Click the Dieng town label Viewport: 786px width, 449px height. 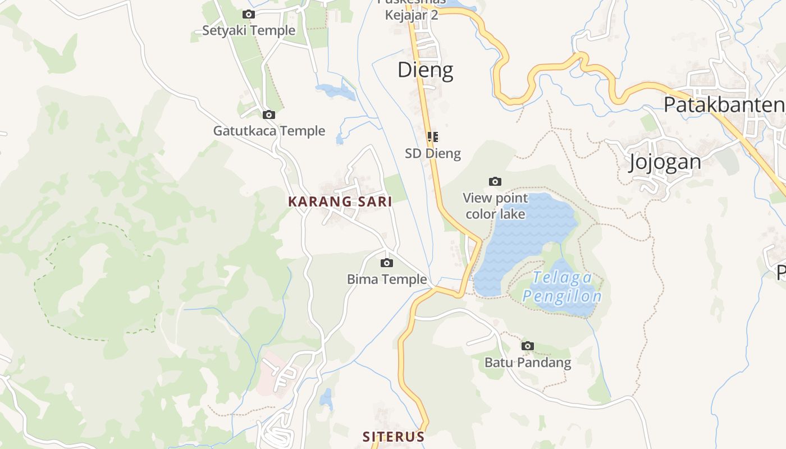[x=425, y=70]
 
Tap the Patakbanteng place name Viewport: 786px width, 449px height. [x=724, y=104]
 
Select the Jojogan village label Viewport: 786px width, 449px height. [x=665, y=162]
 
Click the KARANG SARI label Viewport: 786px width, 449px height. [x=340, y=201]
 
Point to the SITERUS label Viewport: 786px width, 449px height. [x=393, y=437]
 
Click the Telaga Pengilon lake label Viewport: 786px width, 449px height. [x=562, y=287]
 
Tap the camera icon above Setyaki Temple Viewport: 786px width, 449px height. [x=248, y=15]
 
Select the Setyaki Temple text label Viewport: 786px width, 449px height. [x=248, y=30]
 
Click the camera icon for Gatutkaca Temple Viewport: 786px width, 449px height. [x=269, y=115]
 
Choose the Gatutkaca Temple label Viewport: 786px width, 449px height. [x=269, y=131]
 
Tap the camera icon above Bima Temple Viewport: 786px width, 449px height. [x=386, y=263]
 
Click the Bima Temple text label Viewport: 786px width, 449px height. [x=387, y=279]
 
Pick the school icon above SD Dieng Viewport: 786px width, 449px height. [x=432, y=137]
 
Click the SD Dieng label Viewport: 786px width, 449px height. [x=433, y=153]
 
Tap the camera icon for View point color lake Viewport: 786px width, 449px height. [x=495, y=181]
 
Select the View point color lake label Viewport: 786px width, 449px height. [x=495, y=206]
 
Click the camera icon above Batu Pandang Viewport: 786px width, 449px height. [x=527, y=346]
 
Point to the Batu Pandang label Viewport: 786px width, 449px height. [x=528, y=363]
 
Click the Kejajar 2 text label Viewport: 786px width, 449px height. [x=411, y=15]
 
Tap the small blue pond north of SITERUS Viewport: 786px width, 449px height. [x=326, y=399]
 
